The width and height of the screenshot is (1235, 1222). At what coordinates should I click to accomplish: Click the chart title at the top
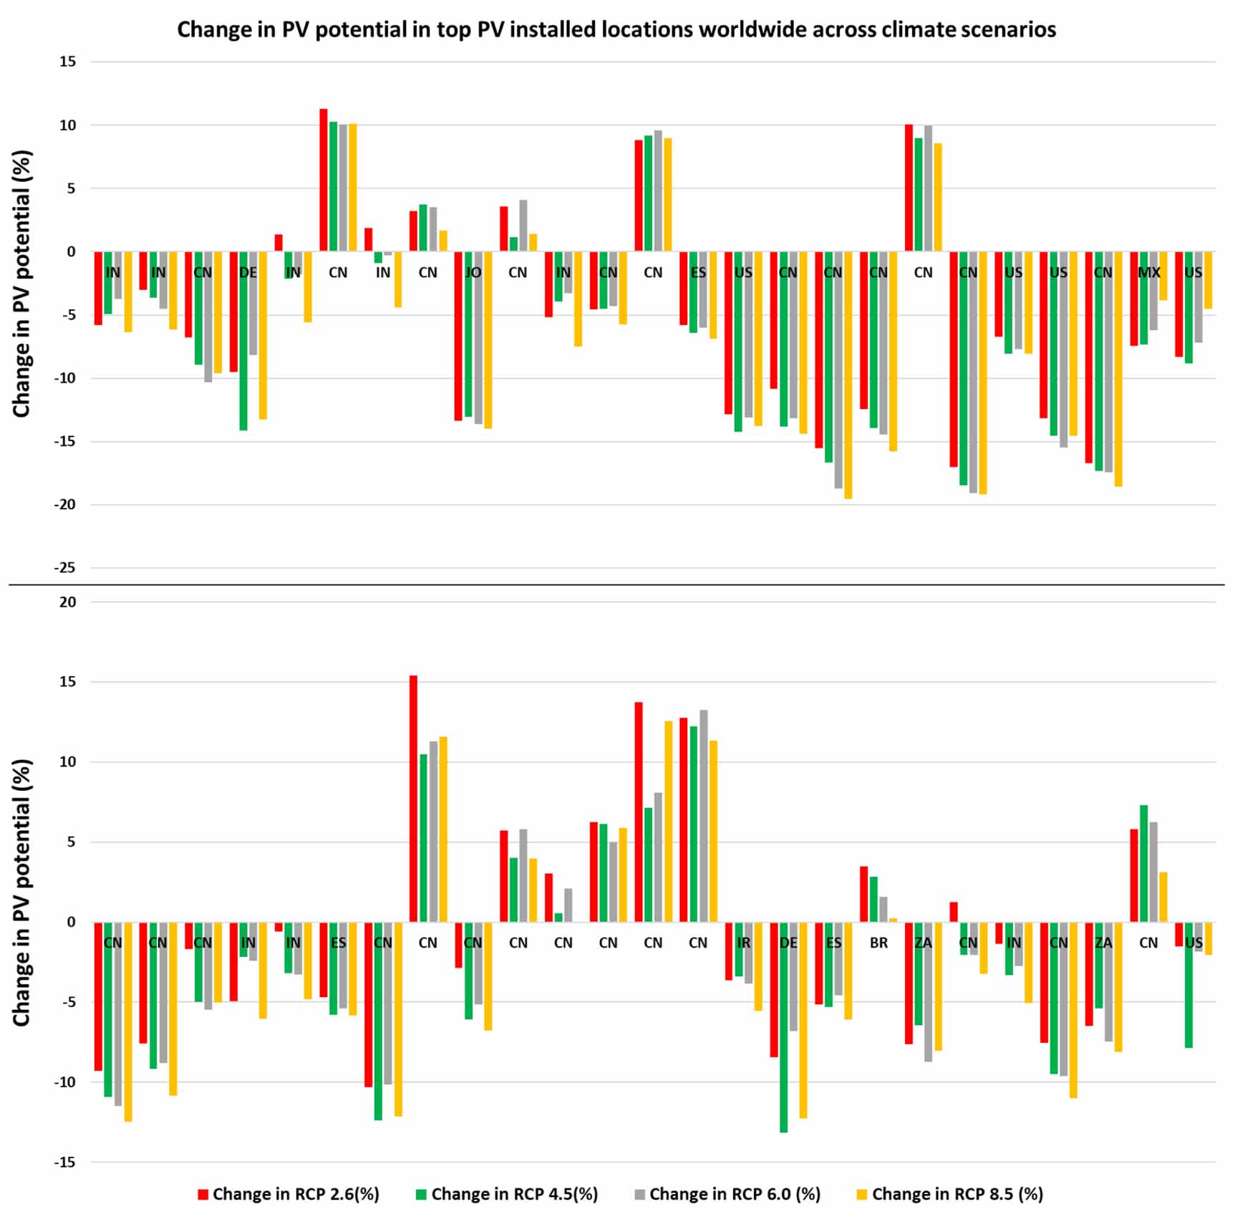(x=616, y=29)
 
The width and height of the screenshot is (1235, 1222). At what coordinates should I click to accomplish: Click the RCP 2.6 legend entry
(x=289, y=1194)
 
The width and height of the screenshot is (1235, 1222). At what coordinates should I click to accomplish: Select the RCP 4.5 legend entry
(x=507, y=1194)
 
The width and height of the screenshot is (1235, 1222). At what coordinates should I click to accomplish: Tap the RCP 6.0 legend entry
(x=727, y=1194)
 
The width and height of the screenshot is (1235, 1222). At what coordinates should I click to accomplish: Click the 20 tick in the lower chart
(x=67, y=602)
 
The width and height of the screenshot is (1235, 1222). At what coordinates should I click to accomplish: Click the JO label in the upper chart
(x=473, y=273)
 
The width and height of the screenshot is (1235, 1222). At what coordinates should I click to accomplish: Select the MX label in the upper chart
(x=1148, y=273)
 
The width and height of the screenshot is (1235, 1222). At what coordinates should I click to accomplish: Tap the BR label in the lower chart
(x=878, y=943)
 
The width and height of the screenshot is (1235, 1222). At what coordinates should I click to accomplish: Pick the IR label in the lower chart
(x=744, y=943)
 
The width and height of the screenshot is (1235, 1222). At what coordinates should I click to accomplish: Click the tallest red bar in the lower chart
(x=413, y=798)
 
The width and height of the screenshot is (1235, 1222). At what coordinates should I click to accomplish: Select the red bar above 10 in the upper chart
(x=324, y=180)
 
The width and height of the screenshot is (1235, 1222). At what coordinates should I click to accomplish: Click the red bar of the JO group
(x=458, y=336)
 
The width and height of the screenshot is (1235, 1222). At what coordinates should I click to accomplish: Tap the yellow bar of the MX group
(x=1163, y=276)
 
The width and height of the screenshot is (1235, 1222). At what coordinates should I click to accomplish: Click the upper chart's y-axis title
(x=21, y=284)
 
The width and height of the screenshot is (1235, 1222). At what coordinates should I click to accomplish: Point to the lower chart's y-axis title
(x=21, y=893)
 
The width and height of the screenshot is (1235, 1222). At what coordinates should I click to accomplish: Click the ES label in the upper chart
(x=698, y=273)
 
